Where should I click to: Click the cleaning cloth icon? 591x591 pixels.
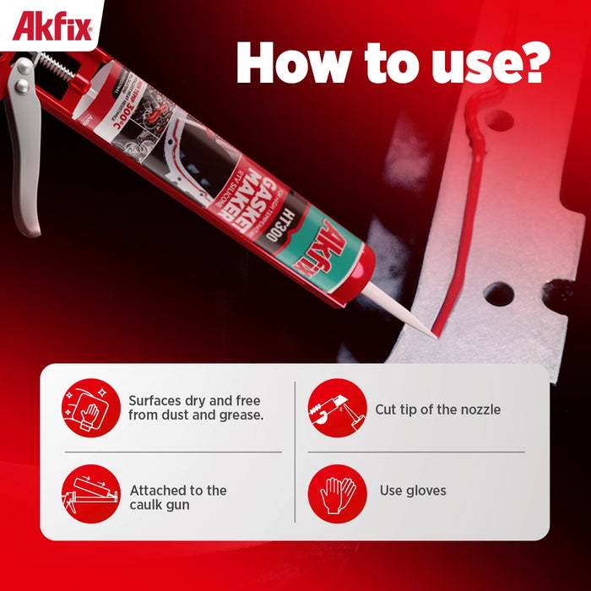pos(90,408)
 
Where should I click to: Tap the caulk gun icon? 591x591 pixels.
pos(90,494)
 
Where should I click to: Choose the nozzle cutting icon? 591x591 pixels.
pos(337,408)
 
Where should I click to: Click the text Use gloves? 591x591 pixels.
pos(413,491)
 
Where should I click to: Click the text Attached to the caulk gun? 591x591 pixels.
pos(178,497)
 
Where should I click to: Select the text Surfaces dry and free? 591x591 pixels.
pos(194,401)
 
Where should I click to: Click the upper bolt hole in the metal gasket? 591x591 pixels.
pos(499,120)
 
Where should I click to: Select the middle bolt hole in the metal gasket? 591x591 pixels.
pos(498,294)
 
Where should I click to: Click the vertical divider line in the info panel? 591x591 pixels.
pos(295,452)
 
